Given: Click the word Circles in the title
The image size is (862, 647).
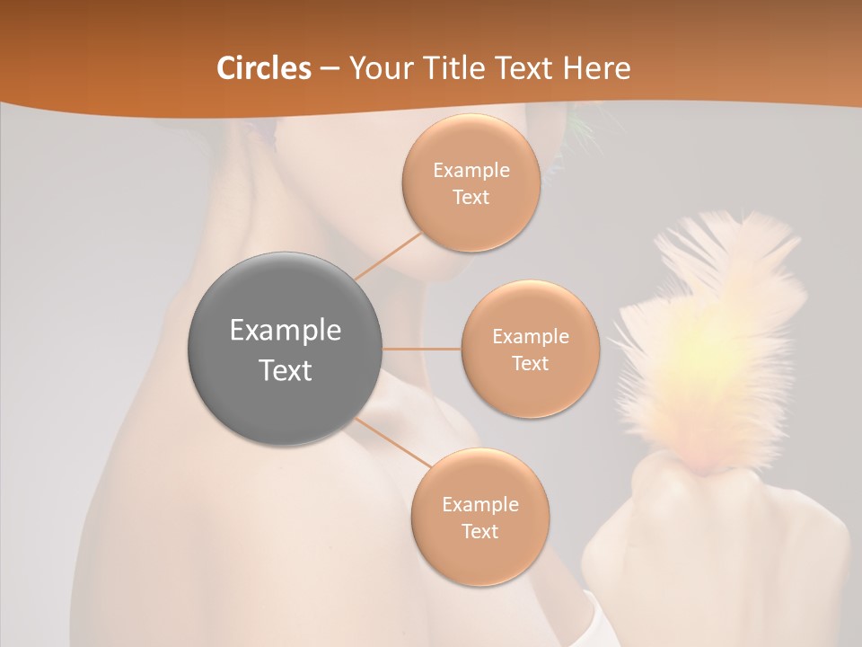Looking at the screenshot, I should coord(264,68).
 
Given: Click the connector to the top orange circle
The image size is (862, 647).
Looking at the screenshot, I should coord(388,255).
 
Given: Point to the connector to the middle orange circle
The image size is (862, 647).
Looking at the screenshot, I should coord(422,349).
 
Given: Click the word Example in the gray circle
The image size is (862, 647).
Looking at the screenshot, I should coord(286,330).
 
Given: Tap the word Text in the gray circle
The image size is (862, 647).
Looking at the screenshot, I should coord(286,370).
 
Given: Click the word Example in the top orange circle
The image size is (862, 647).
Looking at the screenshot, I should coord(471,171).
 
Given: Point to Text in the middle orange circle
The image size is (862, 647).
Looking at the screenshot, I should coord(530,363).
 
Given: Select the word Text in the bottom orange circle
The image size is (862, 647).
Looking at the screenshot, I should coord(479,531).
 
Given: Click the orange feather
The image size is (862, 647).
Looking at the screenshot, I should coord(709,341).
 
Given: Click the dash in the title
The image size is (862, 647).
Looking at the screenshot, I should coord(330,69).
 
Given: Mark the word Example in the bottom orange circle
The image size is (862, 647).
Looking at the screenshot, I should coord(479,504).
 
